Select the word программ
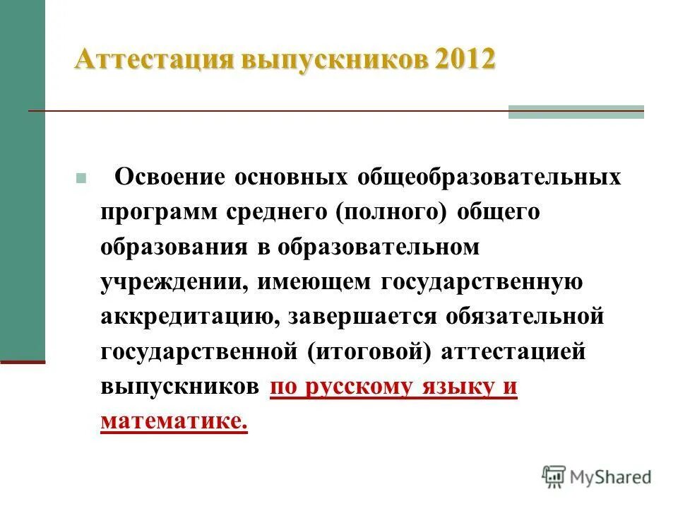click(x=158, y=211)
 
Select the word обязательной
click(x=524, y=317)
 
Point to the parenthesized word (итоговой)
click(x=368, y=351)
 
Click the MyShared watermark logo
click(x=597, y=476)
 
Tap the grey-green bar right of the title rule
click(x=576, y=112)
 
